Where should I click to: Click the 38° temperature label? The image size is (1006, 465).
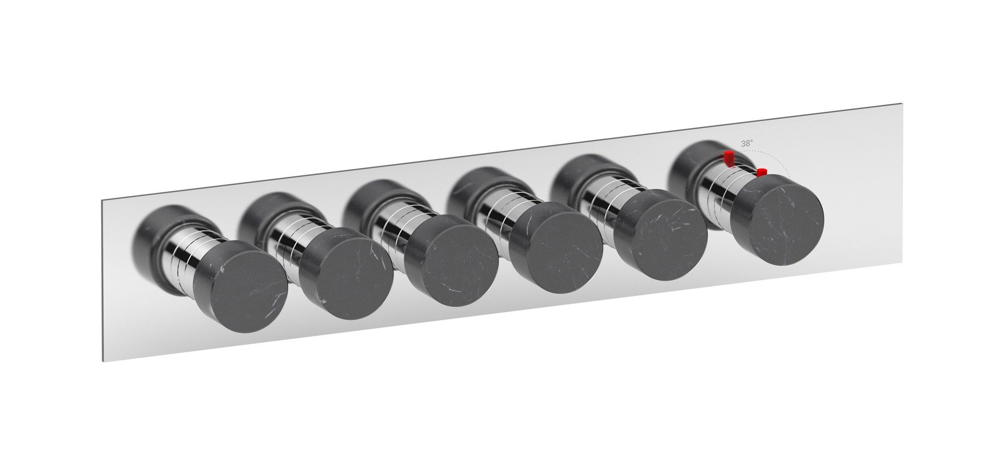click(x=747, y=143)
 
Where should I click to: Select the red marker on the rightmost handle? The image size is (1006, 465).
click(x=761, y=172)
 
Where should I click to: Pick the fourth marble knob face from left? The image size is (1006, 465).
click(x=556, y=251)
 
